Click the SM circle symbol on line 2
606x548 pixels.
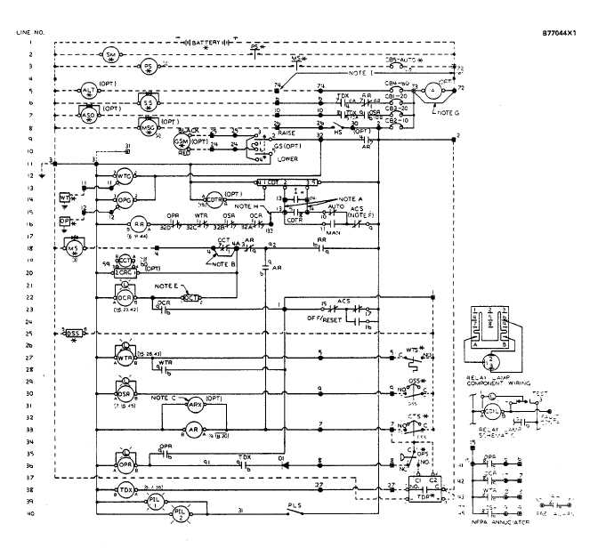pos(111,54)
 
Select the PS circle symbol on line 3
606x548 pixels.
pos(149,66)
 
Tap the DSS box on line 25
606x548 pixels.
pos(76,333)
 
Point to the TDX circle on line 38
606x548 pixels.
pos(125,490)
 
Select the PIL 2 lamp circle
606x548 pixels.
pos(181,513)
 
